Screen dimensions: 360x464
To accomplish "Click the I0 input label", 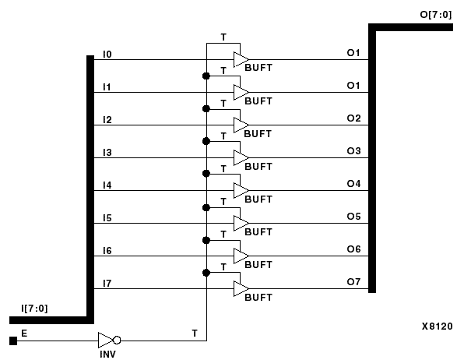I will (x=107, y=54).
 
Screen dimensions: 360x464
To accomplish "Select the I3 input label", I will (x=107, y=152).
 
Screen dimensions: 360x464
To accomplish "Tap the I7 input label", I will (x=107, y=283).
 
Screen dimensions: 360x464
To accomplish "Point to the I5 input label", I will (x=107, y=217).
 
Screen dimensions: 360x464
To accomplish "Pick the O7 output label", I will (x=354, y=281).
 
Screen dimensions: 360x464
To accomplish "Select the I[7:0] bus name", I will (x=34, y=309).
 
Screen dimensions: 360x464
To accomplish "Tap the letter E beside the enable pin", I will (x=24, y=333).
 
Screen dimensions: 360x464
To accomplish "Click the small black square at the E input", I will (x=12, y=341).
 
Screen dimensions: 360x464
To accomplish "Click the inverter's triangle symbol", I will (x=105, y=341).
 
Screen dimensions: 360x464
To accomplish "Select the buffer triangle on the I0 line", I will (x=241, y=60).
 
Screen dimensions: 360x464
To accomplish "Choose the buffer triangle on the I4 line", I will (x=241, y=191).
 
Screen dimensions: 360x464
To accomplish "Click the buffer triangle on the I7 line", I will (x=241, y=289).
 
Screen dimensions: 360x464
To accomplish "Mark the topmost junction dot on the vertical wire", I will (x=206, y=76).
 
